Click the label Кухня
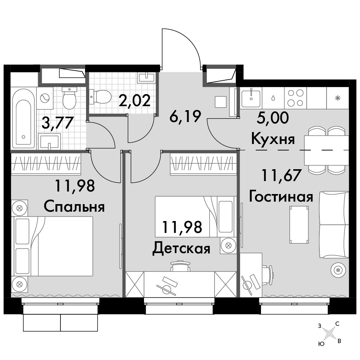[273, 139]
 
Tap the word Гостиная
[281, 197]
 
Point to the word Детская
[181, 249]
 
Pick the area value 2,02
[135, 100]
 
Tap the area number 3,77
[58, 123]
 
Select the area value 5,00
[273, 118]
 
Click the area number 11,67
[281, 175]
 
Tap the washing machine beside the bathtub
[45, 98]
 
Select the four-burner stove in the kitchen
[296, 98]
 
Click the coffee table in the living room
[299, 225]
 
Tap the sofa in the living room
[334, 225]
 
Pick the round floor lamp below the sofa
[338, 269]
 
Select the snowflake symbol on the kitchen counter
[338, 98]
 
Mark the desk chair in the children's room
[180, 266]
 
